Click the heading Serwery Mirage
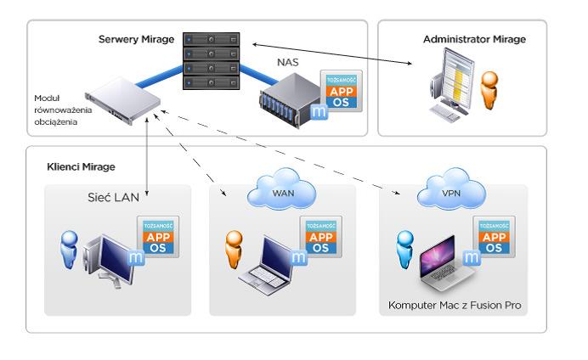pos(136,39)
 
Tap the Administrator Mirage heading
pos(474,39)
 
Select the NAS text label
pos(288,62)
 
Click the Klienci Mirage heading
pos(81,167)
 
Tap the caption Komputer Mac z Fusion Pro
pos(454,305)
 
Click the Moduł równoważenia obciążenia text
pos(56,110)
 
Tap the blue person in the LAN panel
pos(67,252)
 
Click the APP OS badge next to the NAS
pos(342,92)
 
